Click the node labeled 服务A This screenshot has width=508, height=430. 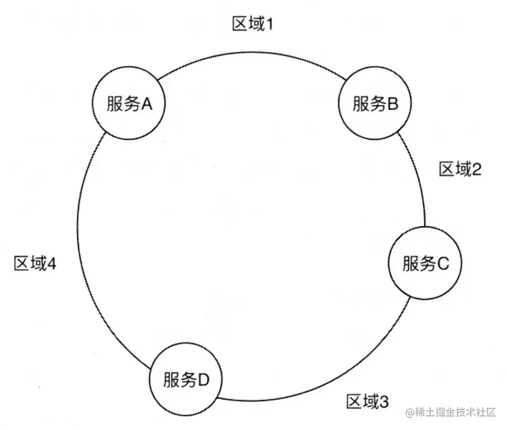click(127, 103)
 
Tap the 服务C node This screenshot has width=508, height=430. click(426, 264)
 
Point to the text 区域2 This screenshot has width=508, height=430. click(460, 169)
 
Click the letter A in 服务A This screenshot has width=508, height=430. click(148, 103)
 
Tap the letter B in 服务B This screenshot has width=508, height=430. click(393, 103)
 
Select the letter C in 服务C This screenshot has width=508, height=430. click(443, 264)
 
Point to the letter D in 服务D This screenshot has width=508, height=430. click(204, 379)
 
